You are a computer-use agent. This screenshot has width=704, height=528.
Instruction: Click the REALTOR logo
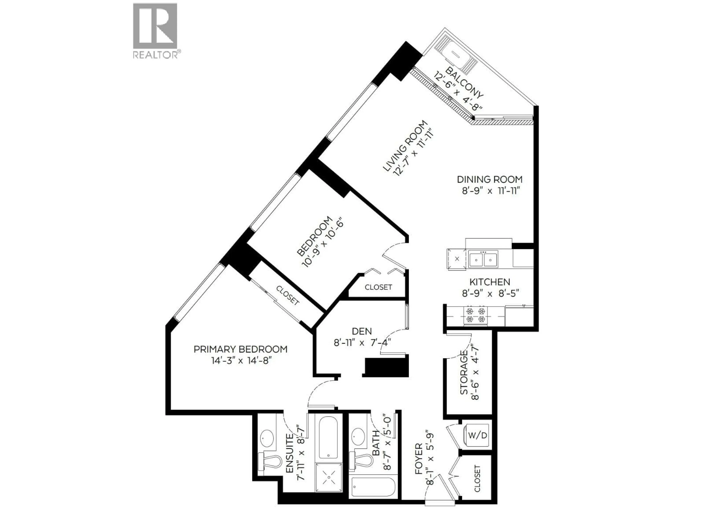(x=155, y=31)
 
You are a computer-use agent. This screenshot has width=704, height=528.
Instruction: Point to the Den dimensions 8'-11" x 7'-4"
(x=362, y=343)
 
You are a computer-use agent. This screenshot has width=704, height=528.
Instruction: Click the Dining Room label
(x=489, y=179)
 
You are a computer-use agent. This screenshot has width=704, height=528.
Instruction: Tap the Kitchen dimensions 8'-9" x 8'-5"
(x=490, y=293)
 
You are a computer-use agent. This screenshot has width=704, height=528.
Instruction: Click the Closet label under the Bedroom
(x=378, y=287)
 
